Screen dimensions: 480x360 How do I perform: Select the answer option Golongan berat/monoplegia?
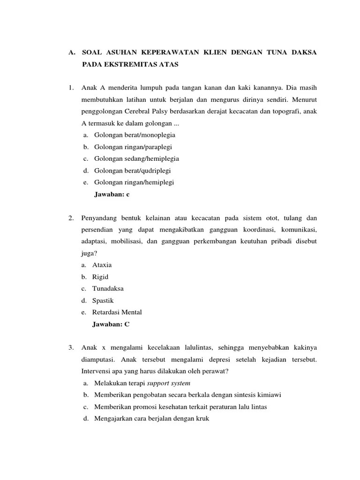135,135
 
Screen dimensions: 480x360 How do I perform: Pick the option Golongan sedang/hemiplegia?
136,158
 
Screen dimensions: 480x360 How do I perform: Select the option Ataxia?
102,265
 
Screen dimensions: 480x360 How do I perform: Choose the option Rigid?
100,277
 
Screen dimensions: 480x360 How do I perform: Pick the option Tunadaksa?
108,288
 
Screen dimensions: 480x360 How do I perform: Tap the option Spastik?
103,300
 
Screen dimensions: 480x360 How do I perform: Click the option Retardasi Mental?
117,312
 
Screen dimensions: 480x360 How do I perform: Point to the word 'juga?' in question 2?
89,253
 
